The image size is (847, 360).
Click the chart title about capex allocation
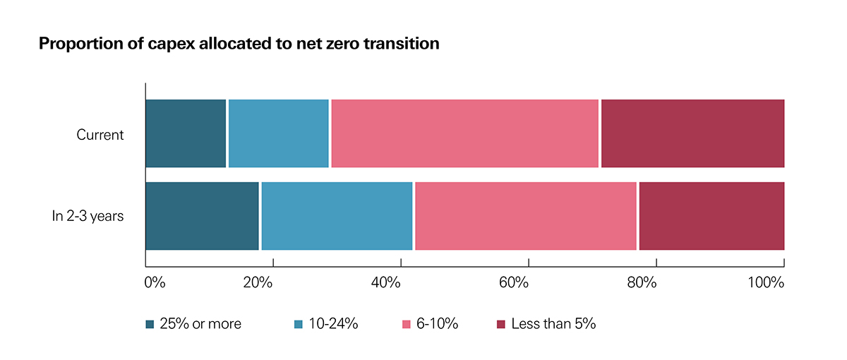pyautogui.click(x=239, y=44)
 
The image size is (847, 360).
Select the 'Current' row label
pyautogui.click(x=100, y=135)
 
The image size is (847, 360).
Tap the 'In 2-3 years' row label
pyautogui.click(x=88, y=216)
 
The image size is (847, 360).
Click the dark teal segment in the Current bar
pyautogui.click(x=186, y=133)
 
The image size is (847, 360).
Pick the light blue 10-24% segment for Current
pyautogui.click(x=279, y=133)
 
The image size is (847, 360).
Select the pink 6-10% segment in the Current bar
pyautogui.click(x=464, y=133)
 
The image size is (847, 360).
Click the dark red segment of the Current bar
pyautogui.click(x=692, y=133)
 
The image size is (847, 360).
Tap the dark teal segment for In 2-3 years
pyautogui.click(x=203, y=216)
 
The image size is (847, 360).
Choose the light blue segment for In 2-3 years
pyautogui.click(x=337, y=216)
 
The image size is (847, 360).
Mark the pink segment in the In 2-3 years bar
pyautogui.click(x=525, y=216)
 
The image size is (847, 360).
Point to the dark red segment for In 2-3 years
pyautogui.click(x=711, y=216)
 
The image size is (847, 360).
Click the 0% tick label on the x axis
pyautogui.click(x=154, y=283)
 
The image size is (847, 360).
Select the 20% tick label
pyautogui.click(x=258, y=283)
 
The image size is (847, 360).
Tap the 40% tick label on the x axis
pyautogui.click(x=386, y=283)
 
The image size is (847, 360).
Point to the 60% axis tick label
pyautogui.click(x=514, y=283)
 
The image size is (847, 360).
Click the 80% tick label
pyautogui.click(x=642, y=283)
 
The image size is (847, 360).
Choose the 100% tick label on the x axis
pyautogui.click(x=766, y=283)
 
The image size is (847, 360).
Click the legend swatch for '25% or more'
pyautogui.click(x=150, y=324)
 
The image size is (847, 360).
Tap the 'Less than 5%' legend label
pyautogui.click(x=553, y=324)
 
